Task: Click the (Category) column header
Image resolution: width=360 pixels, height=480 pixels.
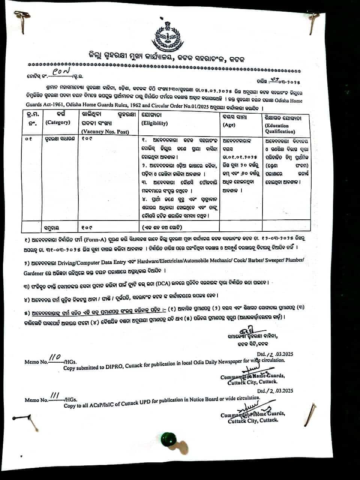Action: pos(57,123)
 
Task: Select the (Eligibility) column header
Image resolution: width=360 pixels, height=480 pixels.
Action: pos(154,123)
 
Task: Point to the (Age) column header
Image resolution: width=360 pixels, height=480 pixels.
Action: pos(229,125)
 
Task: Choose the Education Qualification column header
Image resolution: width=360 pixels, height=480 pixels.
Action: pos(280,129)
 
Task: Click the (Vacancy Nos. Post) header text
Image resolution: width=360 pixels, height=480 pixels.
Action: pos(105,132)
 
